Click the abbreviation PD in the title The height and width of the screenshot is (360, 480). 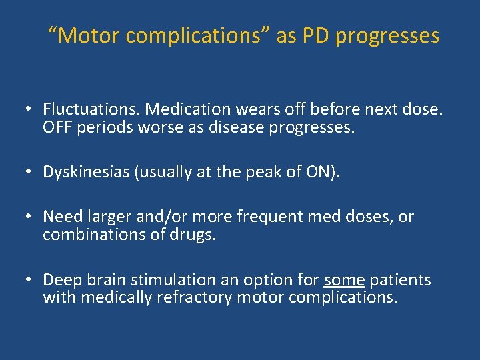pos(316,35)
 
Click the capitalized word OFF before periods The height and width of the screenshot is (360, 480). pos(57,127)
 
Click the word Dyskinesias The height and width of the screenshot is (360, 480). pos(86,172)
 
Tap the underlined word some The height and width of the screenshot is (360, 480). pos(344,280)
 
